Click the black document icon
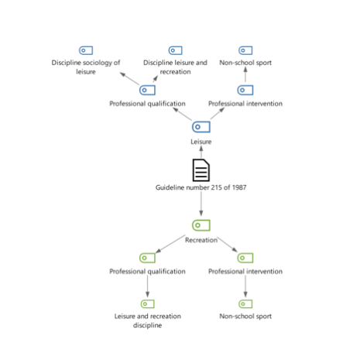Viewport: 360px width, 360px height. (201, 170)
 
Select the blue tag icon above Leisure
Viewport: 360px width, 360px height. (201, 127)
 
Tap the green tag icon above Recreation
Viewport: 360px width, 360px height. (201, 225)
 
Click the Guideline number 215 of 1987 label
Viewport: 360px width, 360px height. (201, 187)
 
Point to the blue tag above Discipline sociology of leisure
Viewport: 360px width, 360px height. (86, 50)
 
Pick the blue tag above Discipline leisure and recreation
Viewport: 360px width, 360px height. (175, 50)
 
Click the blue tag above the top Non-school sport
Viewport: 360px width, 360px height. (245, 50)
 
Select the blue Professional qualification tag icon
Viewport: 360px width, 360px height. (147, 90)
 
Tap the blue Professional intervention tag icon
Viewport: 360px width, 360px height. (245, 90)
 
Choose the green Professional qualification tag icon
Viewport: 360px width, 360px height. (147, 258)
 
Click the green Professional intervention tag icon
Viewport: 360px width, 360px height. (245, 258)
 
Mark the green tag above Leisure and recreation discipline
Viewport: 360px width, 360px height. (147, 303)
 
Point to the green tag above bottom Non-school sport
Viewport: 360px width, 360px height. (245, 303)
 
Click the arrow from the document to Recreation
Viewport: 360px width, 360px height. (201, 204)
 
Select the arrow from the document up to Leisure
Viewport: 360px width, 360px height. (201, 152)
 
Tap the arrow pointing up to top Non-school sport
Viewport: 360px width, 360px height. (245, 74)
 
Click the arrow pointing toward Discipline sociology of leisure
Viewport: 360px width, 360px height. (129, 78)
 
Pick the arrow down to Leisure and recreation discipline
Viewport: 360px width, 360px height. (147, 286)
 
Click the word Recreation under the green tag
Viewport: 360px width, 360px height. (201, 240)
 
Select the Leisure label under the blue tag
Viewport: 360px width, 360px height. (201, 142)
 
